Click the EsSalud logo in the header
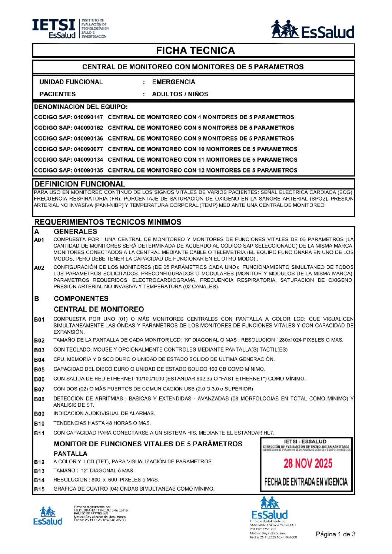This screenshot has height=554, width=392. click(312, 30)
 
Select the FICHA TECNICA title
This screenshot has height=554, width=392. click(195, 51)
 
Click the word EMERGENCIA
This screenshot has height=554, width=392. click(173, 82)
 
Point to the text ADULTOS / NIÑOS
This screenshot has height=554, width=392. click(180, 94)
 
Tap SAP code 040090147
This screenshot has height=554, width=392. click(88, 117)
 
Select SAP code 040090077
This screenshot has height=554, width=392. click(88, 149)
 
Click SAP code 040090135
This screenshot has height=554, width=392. click(88, 171)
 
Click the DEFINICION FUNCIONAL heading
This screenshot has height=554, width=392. click(80, 184)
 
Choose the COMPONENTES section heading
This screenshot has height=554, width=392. click(81, 299)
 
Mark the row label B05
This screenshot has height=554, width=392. click(39, 369)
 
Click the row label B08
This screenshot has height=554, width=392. click(39, 399)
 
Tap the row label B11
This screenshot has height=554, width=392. click(39, 433)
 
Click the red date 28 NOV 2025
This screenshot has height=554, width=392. click(308, 463)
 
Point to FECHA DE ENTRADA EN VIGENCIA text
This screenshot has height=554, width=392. click(306, 482)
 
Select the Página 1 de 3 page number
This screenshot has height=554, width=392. click(335, 534)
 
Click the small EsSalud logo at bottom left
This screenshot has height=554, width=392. click(47, 516)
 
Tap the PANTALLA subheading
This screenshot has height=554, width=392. click(70, 454)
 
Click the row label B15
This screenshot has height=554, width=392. click(39, 489)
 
